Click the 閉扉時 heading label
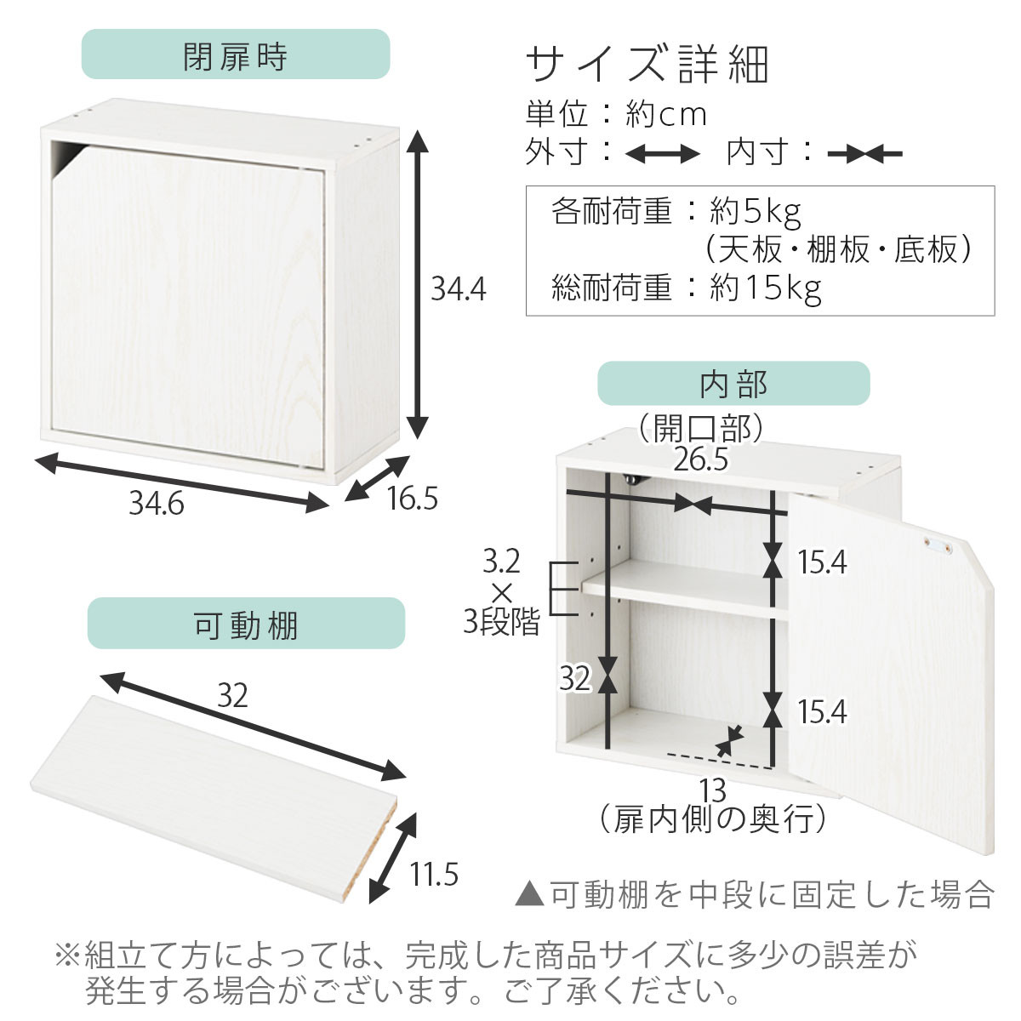pyautogui.click(x=235, y=56)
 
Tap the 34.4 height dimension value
pyautogui.click(x=458, y=289)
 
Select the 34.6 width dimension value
pyautogui.click(x=156, y=504)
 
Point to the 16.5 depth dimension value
pyautogui.click(x=412, y=498)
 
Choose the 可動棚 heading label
pyautogui.click(x=246, y=625)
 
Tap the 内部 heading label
pyautogui.click(x=733, y=384)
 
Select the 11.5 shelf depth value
pyautogui.click(x=434, y=873)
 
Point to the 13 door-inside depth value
pyautogui.click(x=714, y=791)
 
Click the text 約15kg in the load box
pyautogui.click(x=766, y=288)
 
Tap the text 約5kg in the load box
pyautogui.click(x=756, y=210)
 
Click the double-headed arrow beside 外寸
pyautogui.click(x=662, y=154)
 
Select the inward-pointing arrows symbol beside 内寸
pyautogui.click(x=864, y=154)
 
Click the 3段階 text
pyautogui.click(x=501, y=623)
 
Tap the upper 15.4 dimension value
pyautogui.click(x=822, y=562)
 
